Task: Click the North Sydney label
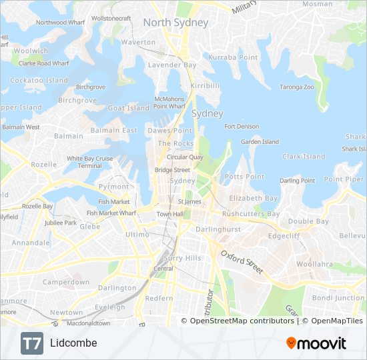[175, 23]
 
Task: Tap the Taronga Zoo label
[296, 87]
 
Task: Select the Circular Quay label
[185, 157]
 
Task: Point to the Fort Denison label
[242, 127]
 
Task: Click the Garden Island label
[260, 142]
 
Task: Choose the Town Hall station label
[169, 214]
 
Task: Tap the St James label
[189, 201]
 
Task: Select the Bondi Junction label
[338, 297]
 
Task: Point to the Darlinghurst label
[217, 229]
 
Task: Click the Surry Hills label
[182, 258]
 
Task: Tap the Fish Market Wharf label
[111, 213]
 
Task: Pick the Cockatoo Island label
[39, 81]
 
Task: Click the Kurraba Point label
[233, 58]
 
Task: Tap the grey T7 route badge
[31, 343]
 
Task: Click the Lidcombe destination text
[73, 343]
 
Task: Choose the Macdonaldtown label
[89, 323]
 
